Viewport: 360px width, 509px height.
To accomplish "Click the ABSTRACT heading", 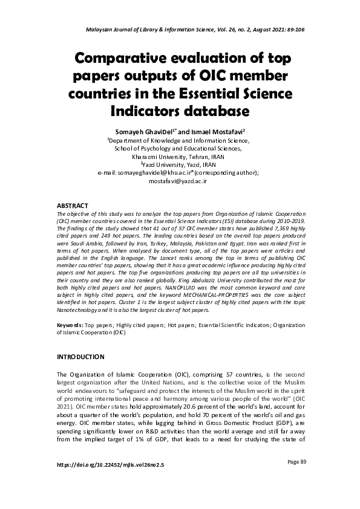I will tap(73, 206).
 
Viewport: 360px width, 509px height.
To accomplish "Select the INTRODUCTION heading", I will tap(80, 357).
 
